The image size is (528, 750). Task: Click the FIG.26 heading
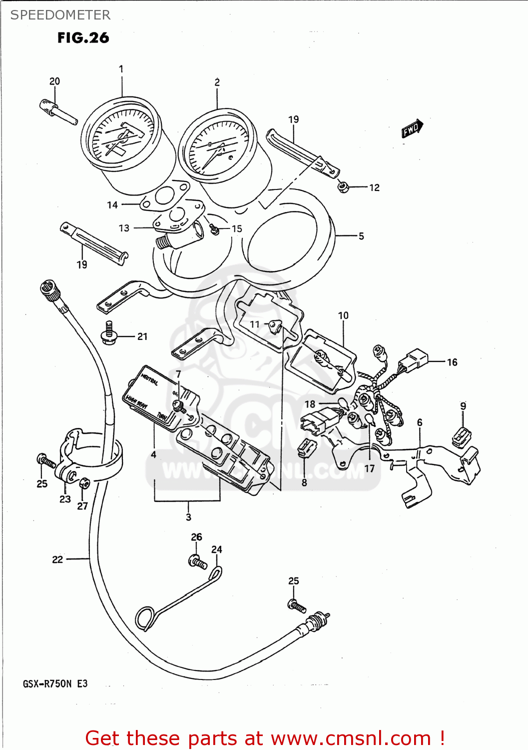[83, 38]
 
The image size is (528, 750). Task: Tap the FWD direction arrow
[413, 129]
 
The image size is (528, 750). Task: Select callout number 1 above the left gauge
[121, 69]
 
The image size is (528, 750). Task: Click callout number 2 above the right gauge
[217, 82]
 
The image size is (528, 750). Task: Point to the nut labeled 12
[343, 187]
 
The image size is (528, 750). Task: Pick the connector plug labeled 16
[413, 360]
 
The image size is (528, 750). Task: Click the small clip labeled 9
[461, 436]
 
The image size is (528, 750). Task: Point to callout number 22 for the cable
[57, 559]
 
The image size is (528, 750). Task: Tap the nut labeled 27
[84, 483]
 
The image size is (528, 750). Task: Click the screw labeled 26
[197, 562]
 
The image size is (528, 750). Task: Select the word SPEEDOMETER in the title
[60, 15]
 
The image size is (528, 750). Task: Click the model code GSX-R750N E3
[55, 683]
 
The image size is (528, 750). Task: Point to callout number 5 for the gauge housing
[361, 236]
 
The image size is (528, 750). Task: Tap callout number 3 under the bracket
[188, 517]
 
